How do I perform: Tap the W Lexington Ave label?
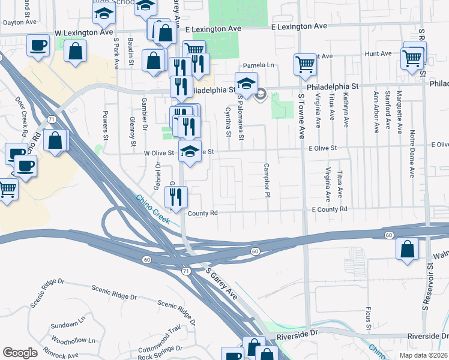83,32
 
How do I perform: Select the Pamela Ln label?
258,65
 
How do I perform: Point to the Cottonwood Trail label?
159,347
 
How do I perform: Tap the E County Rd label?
330,209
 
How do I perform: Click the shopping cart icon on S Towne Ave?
305,64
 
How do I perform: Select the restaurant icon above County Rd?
176,197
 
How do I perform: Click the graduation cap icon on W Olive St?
190,154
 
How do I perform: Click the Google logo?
20,353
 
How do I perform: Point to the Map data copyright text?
423,355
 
